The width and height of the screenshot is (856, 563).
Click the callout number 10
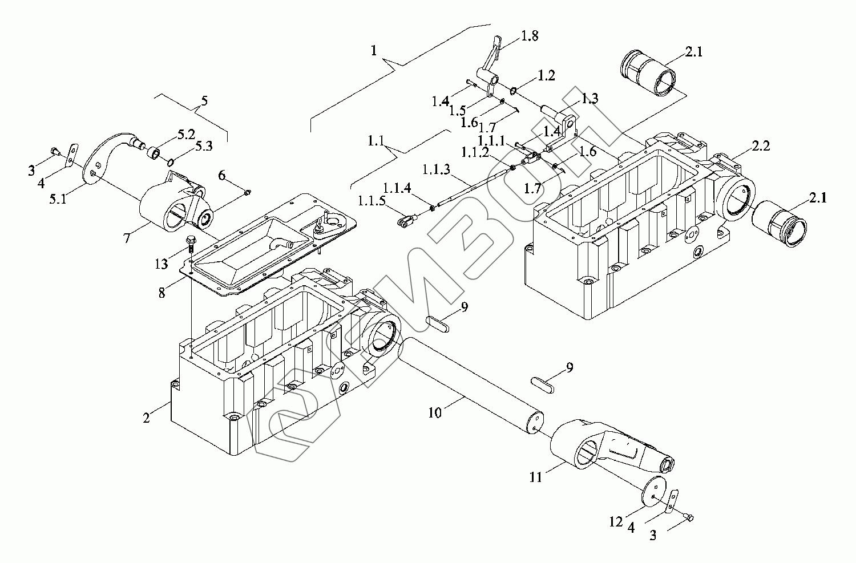click(x=435, y=412)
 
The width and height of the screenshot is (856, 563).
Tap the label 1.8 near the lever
click(x=529, y=37)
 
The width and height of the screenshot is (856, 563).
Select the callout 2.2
click(x=760, y=146)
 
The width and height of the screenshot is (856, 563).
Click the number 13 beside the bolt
click(x=161, y=264)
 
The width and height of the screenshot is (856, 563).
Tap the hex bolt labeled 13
click(x=190, y=243)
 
